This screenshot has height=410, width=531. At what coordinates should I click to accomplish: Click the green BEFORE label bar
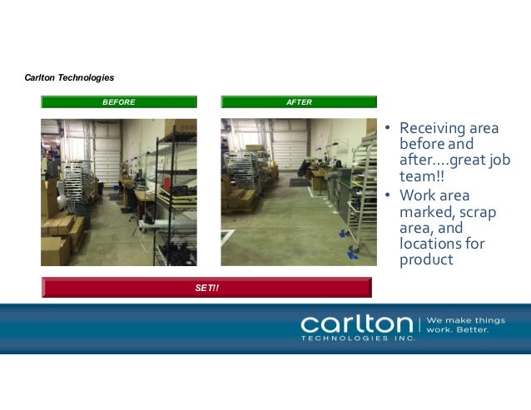119,102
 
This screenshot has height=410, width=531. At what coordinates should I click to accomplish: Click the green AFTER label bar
299,102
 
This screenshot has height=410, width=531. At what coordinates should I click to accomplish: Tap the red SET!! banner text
207,288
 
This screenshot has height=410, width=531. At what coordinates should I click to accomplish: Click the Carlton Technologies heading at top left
70,78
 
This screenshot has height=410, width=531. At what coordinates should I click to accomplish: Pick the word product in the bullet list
426,259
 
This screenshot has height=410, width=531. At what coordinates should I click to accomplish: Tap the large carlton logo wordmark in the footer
356,323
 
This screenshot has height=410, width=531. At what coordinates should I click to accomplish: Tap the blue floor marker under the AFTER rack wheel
353,254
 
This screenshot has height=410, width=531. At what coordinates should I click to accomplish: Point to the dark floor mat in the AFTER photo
299,180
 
